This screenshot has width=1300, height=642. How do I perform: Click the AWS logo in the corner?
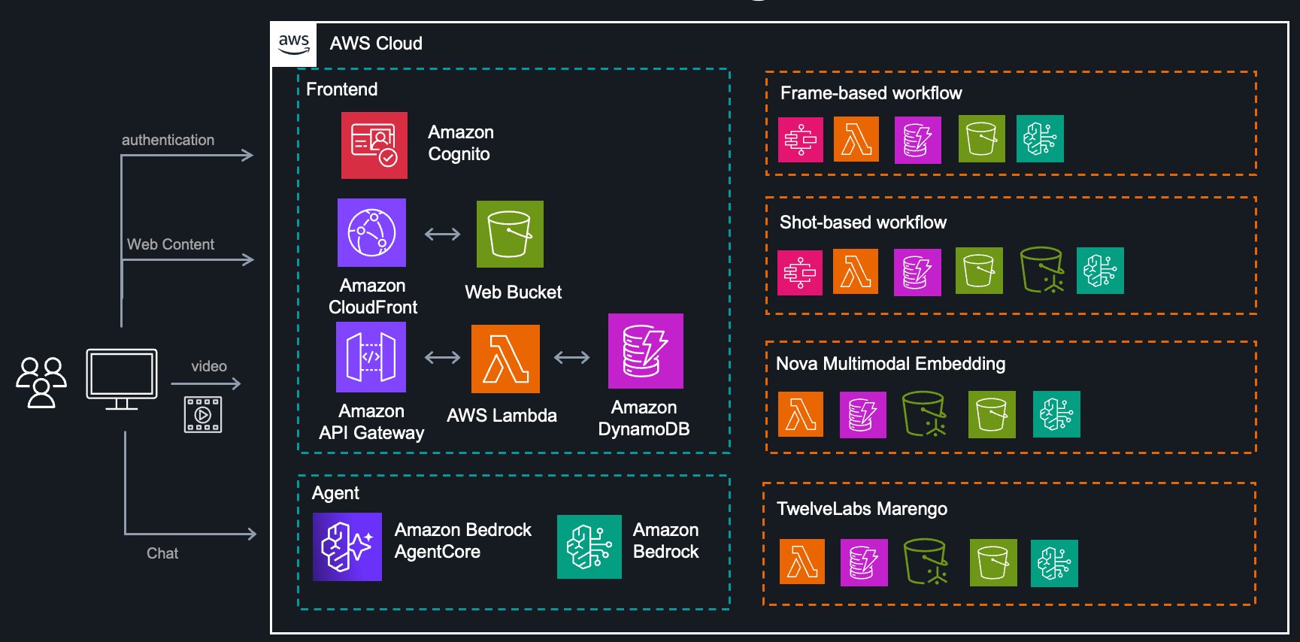click(x=294, y=44)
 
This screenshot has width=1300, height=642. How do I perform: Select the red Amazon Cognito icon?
click(x=374, y=145)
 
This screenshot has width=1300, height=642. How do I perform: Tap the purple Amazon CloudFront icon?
click(x=371, y=232)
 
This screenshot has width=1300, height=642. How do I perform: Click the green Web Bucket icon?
click(x=510, y=234)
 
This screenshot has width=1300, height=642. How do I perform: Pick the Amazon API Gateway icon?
click(x=371, y=357)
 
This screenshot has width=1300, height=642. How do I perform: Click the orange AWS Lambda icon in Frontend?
click(x=505, y=359)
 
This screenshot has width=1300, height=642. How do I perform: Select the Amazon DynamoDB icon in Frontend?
click(x=645, y=351)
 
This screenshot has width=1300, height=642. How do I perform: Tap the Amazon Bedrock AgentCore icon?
click(x=347, y=547)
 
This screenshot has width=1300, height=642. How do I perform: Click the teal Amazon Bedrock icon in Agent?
click(x=589, y=547)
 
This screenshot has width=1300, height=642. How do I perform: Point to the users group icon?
click(x=41, y=382)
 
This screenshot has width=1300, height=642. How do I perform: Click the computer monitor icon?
click(x=122, y=378)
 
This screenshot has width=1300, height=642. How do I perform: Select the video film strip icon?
click(x=203, y=414)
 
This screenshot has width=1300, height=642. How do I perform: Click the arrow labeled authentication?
click(x=188, y=156)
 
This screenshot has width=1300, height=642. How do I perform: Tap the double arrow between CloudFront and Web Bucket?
click(x=442, y=234)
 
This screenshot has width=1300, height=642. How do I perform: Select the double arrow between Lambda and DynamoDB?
click(x=571, y=357)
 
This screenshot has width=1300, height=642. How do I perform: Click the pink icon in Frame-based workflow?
click(x=800, y=140)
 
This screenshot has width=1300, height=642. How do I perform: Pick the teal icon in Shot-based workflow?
click(x=1100, y=271)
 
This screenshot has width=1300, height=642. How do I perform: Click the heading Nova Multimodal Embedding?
click(x=890, y=364)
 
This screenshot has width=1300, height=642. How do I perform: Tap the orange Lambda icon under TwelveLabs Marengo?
click(x=802, y=562)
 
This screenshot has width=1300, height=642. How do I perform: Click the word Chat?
click(x=162, y=553)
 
